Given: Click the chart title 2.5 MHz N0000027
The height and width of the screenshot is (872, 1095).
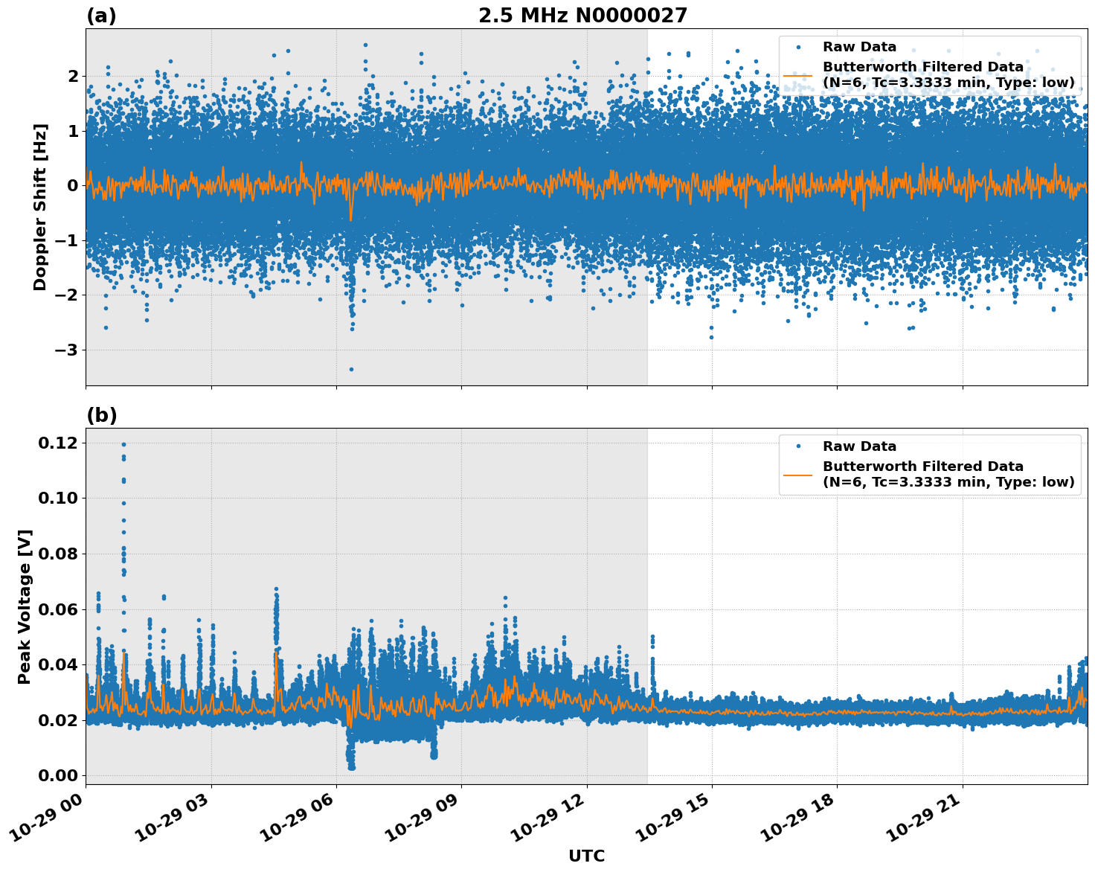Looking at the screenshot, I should click(582, 16).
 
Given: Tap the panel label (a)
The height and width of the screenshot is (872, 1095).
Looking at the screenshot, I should click(101, 16).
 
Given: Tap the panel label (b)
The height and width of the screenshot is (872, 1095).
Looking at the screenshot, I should click(101, 415).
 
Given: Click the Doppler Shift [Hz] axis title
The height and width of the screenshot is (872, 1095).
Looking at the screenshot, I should click(40, 207).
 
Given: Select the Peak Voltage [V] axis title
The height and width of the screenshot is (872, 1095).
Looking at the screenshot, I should click(25, 606).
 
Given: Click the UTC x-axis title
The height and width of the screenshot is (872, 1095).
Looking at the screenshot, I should click(586, 856).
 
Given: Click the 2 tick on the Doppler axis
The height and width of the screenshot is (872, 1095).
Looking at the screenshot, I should click(72, 76).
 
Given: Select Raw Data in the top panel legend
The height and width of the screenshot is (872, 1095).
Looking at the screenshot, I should click(859, 47).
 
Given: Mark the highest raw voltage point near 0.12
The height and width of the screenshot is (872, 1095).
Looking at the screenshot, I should click(123, 445).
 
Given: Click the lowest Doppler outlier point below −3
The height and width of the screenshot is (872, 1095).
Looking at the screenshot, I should click(351, 369).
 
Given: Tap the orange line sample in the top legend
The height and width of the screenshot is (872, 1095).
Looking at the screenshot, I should click(798, 75).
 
